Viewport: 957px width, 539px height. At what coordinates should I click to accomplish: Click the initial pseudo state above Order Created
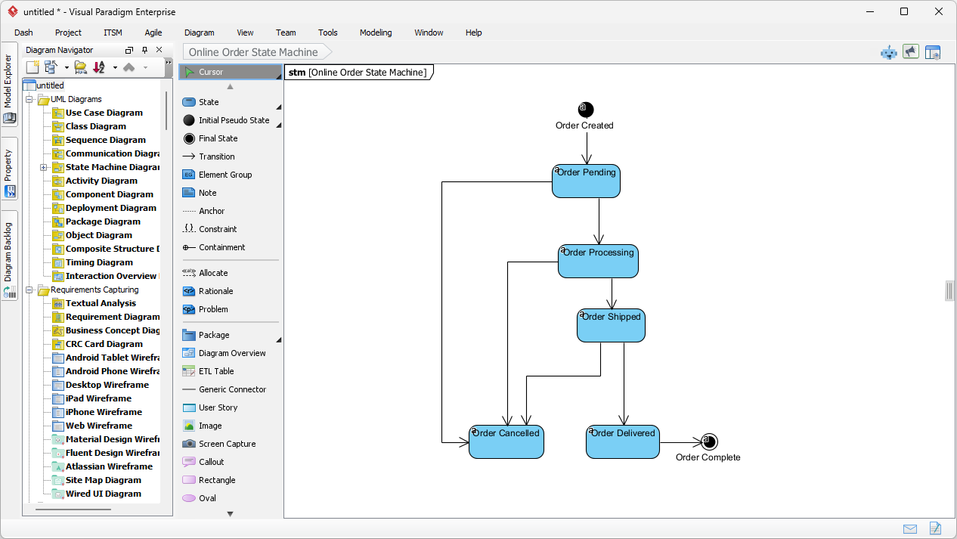click(x=586, y=110)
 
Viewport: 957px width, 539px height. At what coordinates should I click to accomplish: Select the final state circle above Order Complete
click(x=708, y=442)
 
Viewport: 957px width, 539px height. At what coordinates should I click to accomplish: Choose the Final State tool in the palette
click(x=218, y=138)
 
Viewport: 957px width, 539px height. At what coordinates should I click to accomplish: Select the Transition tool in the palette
click(x=216, y=156)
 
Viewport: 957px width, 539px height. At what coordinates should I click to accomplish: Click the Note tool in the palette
click(x=207, y=193)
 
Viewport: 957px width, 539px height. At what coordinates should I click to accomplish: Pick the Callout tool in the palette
click(x=211, y=462)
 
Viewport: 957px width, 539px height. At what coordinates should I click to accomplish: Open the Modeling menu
click(x=376, y=33)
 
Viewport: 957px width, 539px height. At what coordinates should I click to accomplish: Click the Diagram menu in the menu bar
click(x=199, y=33)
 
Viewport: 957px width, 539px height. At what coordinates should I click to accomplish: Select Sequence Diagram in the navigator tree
click(x=105, y=140)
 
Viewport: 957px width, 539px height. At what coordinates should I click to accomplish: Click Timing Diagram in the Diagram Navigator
click(x=99, y=262)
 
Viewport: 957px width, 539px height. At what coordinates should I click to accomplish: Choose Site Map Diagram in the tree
click(x=103, y=480)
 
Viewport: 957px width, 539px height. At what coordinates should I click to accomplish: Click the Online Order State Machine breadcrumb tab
click(x=253, y=52)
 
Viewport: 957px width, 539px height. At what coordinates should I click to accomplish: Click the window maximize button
click(x=904, y=11)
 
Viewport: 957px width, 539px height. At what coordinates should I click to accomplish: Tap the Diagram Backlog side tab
click(x=9, y=252)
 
